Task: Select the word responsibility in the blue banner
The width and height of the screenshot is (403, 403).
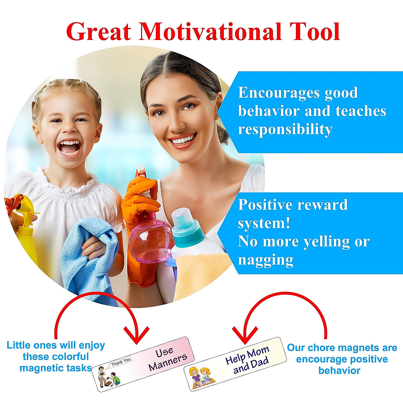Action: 285,129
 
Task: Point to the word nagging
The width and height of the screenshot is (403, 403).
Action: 266,260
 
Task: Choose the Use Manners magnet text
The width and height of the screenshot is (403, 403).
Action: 168,359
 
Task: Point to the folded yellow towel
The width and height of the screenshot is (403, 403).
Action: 198,272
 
